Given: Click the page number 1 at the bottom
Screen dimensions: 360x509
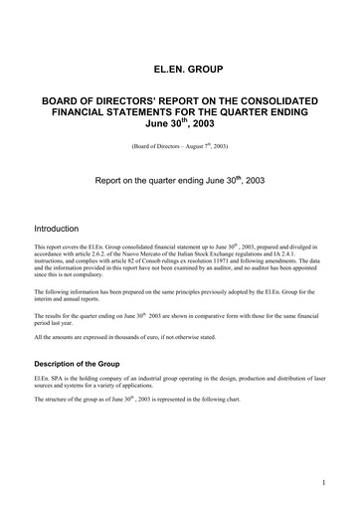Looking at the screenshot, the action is [324, 483].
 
